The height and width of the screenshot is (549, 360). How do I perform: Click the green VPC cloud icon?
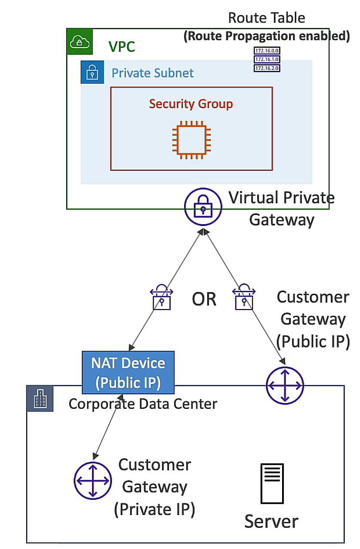[79, 41]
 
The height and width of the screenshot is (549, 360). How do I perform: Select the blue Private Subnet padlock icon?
[92, 72]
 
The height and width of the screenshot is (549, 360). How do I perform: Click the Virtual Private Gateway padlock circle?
[203, 206]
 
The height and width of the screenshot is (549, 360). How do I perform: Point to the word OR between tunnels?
[204, 299]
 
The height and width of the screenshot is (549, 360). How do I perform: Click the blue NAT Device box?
[128, 372]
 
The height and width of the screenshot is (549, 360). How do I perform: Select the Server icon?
[272, 484]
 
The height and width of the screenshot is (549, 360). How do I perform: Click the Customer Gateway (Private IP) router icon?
[92, 481]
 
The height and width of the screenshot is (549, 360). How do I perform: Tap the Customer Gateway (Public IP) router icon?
[285, 385]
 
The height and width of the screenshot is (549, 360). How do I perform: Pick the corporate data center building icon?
[40, 398]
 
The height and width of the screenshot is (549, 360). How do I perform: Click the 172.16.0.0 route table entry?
[266, 51]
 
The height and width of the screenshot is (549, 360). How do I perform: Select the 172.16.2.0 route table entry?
[266, 68]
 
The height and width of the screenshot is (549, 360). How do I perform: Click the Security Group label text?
[191, 104]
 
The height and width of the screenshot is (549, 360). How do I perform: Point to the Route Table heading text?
[266, 18]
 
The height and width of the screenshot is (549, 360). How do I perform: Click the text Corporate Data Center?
[143, 404]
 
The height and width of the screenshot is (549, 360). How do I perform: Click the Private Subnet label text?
[152, 73]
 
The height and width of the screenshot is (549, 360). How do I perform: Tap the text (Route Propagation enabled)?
[266, 36]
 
